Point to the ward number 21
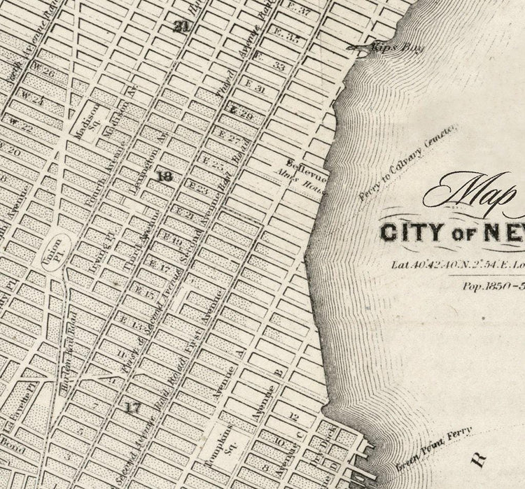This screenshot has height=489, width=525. click(182, 27)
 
